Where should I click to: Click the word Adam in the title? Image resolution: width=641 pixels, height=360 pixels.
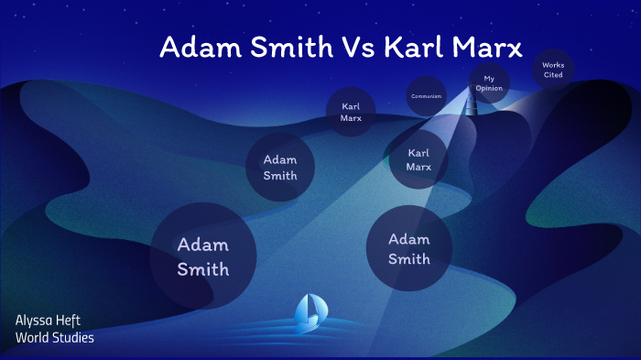tap(194, 48)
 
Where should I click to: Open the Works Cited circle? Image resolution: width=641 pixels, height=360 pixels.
tap(553, 70)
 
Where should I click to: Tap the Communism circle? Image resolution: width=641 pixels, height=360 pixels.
tap(427, 96)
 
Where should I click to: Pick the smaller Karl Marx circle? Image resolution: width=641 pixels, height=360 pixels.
tap(351, 112)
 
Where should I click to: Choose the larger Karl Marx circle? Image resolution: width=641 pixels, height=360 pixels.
tap(418, 159)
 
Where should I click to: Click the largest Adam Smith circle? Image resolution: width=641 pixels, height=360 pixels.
tap(202, 256)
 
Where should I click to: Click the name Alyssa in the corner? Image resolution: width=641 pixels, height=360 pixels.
tap(33, 320)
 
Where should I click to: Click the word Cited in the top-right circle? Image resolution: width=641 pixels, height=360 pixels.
tap(553, 75)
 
